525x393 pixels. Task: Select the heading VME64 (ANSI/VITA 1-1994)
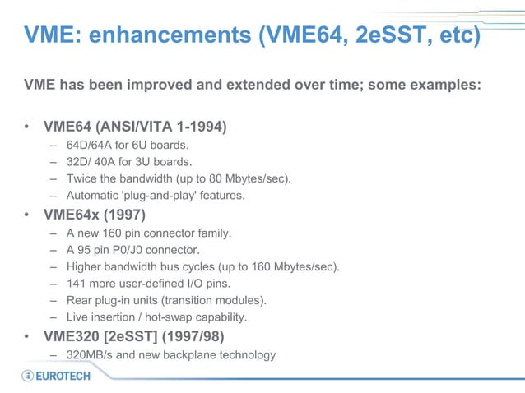click(x=135, y=127)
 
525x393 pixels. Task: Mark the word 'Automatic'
click(x=91, y=196)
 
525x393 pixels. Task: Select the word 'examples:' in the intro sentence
click(x=440, y=85)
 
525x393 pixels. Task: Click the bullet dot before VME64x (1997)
click(x=27, y=216)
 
